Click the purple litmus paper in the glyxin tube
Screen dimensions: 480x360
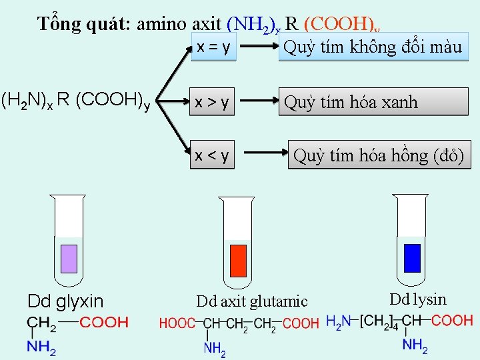69,258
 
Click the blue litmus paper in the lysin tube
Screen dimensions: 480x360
413,258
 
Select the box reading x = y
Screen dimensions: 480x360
213,48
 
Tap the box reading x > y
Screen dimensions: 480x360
213,102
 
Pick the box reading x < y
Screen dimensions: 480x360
213,155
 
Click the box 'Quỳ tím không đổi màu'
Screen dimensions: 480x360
373,47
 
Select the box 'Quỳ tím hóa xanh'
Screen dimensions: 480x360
373,102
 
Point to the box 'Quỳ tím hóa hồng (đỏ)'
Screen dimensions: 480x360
379,155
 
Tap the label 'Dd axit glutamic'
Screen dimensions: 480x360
252,301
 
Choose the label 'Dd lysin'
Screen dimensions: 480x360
418,299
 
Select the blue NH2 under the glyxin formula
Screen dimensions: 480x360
41,347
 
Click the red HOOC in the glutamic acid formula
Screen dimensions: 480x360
177,324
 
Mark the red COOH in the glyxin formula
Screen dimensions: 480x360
104,323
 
